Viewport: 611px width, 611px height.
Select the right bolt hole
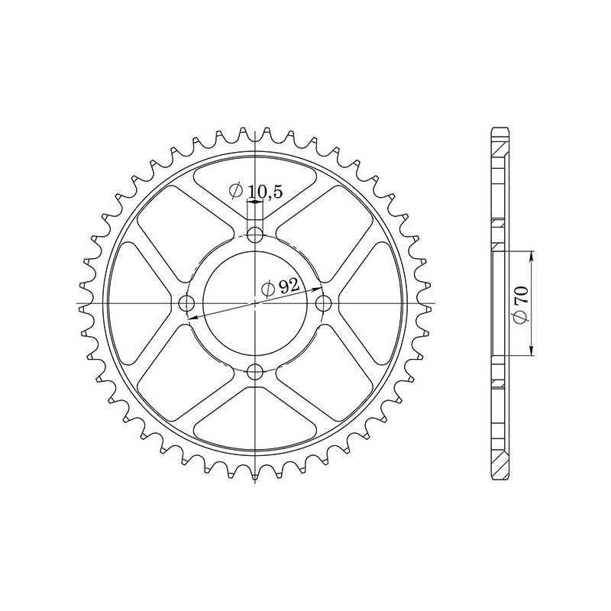[325, 304]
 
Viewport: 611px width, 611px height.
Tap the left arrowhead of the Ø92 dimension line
[191, 316]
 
